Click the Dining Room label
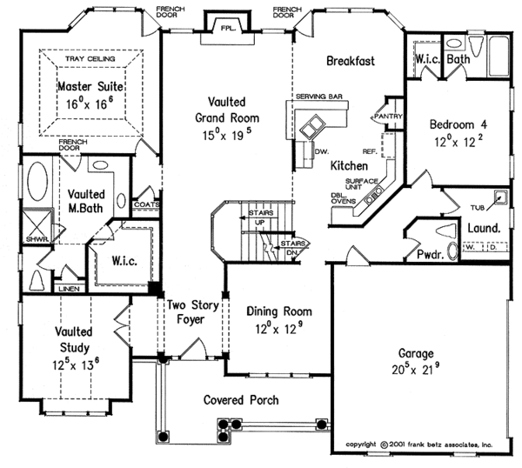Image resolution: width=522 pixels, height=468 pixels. pos(278,311)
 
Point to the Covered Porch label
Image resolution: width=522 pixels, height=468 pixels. pos(241,400)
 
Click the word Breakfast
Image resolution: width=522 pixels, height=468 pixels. pos(351,61)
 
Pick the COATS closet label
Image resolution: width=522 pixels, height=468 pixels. pos(144,205)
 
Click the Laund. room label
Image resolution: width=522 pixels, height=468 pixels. pos(483,228)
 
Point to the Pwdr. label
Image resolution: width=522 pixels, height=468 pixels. pos(431,256)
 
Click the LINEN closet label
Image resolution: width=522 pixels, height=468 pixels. pos(69,288)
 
